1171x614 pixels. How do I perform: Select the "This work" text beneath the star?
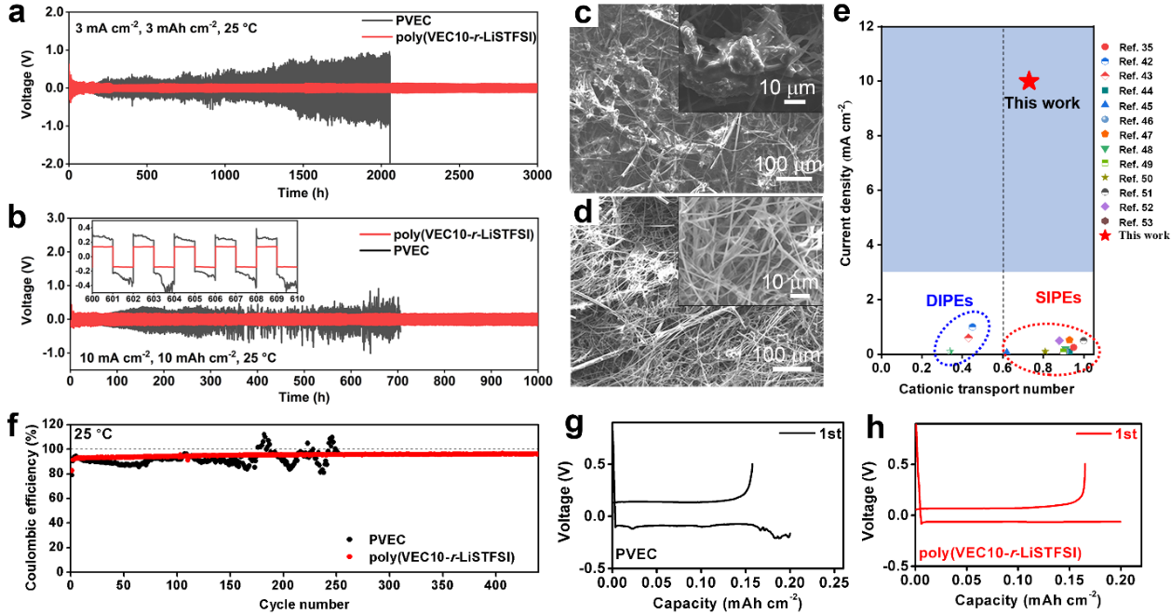(1042, 103)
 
